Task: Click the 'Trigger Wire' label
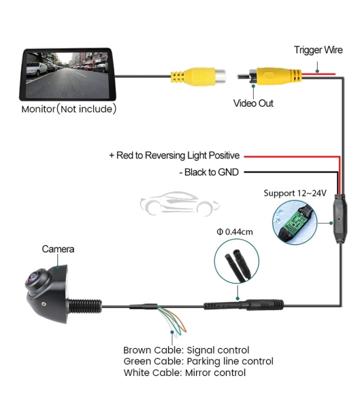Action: (318, 50)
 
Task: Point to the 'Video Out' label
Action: (254, 103)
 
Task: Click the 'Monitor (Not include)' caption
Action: (69, 109)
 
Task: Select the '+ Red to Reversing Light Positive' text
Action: (174, 155)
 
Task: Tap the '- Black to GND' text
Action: (210, 172)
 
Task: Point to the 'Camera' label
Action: (58, 250)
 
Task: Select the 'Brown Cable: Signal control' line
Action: (186, 350)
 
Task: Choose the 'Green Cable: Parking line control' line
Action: (198, 361)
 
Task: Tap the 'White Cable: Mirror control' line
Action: (184, 373)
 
